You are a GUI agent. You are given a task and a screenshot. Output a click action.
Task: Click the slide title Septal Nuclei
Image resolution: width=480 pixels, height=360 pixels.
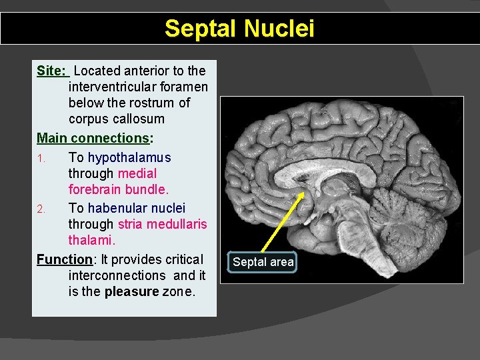pos(239,29)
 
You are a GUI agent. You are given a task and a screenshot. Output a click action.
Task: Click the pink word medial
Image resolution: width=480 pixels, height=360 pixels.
pos(137,174)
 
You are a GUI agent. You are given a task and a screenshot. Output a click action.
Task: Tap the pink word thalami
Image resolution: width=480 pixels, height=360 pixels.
pos(91,240)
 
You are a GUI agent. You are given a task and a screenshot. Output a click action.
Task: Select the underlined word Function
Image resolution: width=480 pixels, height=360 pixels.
pos(63,259)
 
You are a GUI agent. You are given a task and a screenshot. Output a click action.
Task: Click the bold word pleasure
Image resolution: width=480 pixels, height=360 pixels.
pos(131,291)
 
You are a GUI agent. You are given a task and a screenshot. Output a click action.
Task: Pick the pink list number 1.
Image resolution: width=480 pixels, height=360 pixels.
pos(41,159)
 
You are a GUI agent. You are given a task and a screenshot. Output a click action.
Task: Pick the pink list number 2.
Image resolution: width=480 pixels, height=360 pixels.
pos(41,209)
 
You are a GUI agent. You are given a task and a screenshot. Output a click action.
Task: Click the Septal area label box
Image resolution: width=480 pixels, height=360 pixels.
pos(263,262)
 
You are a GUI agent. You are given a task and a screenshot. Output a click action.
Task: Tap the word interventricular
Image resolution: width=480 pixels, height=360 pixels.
pos(138,87)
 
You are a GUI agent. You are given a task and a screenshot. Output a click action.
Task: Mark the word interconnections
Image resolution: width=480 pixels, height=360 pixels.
pos(117,275)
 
